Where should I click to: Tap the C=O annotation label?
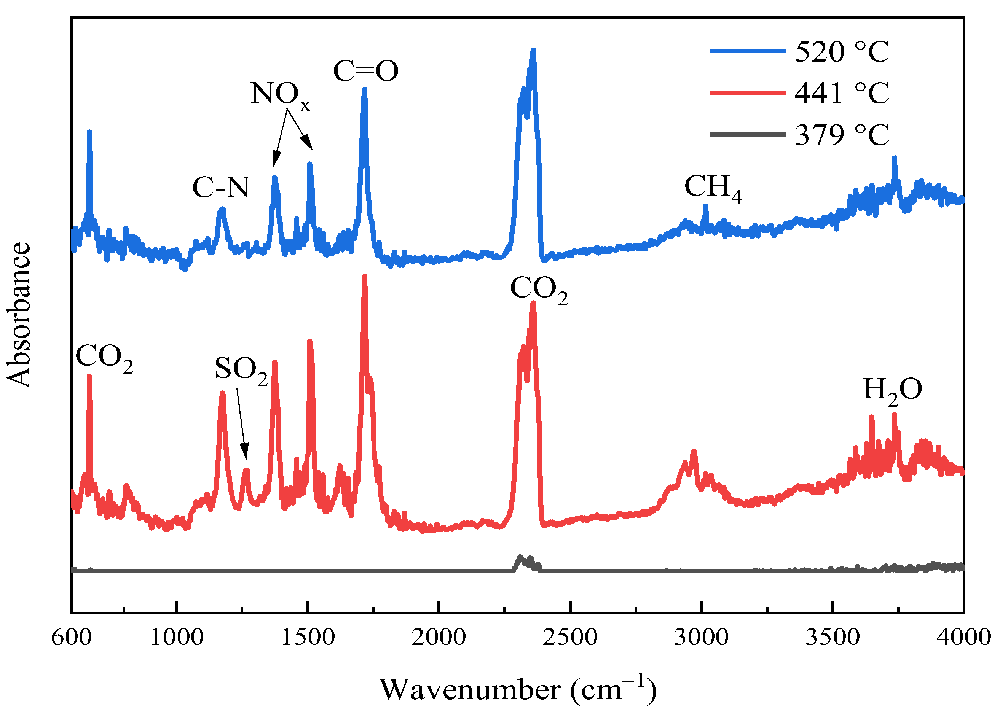click(365, 70)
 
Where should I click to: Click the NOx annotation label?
click(280, 94)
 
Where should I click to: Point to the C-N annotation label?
click(220, 187)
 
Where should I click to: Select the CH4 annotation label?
click(712, 187)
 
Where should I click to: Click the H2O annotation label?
click(892, 390)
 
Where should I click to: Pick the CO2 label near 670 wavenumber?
click(104, 357)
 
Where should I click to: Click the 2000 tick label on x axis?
click(438, 638)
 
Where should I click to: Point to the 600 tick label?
click(72, 638)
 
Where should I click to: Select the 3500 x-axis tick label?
click(833, 638)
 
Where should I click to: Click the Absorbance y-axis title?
click(19, 315)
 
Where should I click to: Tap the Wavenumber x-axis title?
click(518, 690)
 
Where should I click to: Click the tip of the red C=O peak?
click(364, 277)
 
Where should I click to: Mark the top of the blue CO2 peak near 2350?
click(533, 51)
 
